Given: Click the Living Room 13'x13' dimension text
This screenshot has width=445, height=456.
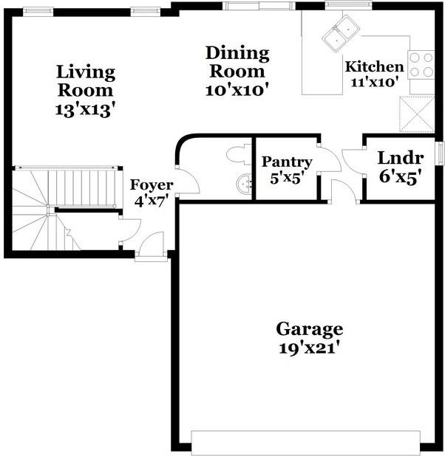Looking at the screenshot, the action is (x=84, y=110).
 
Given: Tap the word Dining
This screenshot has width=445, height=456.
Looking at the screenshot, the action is (x=237, y=54).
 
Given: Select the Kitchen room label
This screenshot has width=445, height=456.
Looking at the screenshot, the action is (x=375, y=66).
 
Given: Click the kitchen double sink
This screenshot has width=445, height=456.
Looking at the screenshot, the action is (x=341, y=34).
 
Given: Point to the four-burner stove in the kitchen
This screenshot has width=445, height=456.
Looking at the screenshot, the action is (x=421, y=65).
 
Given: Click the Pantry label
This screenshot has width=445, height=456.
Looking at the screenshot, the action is (x=287, y=162).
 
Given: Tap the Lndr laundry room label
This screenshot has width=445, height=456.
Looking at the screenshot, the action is (x=401, y=158).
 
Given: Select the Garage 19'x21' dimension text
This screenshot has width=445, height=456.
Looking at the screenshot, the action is (x=310, y=348).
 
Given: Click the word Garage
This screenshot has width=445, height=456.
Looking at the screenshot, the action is (x=310, y=329).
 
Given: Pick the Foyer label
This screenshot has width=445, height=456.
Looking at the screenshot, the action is (x=152, y=184).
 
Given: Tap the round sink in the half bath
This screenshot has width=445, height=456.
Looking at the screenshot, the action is (x=244, y=184).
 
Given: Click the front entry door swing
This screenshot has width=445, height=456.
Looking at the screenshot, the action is (x=152, y=243).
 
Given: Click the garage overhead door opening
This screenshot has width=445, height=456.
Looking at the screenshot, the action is (x=306, y=443).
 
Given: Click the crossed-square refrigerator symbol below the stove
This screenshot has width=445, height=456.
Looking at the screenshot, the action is (x=417, y=114).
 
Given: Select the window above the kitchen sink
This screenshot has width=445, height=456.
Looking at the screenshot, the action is (x=349, y=4).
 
